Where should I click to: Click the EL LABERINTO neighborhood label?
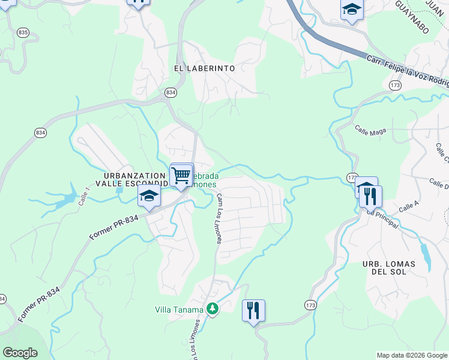pyautogui.click(x=204, y=68)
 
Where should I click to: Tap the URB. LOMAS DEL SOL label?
pyautogui.click(x=393, y=268)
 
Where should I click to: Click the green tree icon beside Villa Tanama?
pyautogui.click(x=211, y=309)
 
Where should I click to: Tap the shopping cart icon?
pyautogui.click(x=181, y=175)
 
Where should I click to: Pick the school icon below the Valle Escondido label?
pyautogui.click(x=149, y=195)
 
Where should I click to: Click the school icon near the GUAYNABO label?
pyautogui.click(x=352, y=10)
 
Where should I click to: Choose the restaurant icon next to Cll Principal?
pyautogui.click(x=370, y=196)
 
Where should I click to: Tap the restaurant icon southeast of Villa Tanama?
pyautogui.click(x=253, y=310)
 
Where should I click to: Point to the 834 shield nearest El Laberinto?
pyautogui.click(x=171, y=92)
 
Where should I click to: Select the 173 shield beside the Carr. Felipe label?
pyautogui.click(x=394, y=86)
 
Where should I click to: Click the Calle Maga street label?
pyautogui.click(x=370, y=129)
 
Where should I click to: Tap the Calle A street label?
pyautogui.click(x=408, y=206)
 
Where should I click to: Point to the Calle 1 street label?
pyautogui.click(x=84, y=196)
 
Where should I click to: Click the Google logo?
pyautogui.click(x=20, y=353)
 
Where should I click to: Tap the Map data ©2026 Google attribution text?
pyautogui.click(x=411, y=355)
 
